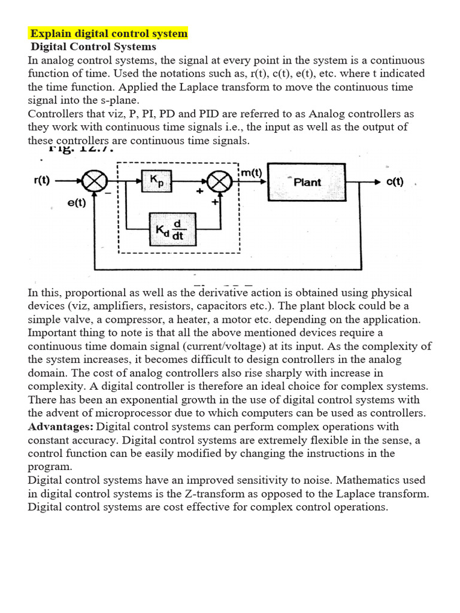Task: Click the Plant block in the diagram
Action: [x=307, y=182]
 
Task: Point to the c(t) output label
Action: [x=395, y=181]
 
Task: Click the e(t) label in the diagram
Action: [x=77, y=203]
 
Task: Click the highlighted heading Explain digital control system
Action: [x=109, y=34]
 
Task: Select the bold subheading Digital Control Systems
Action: [x=93, y=47]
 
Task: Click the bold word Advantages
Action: [x=60, y=427]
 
